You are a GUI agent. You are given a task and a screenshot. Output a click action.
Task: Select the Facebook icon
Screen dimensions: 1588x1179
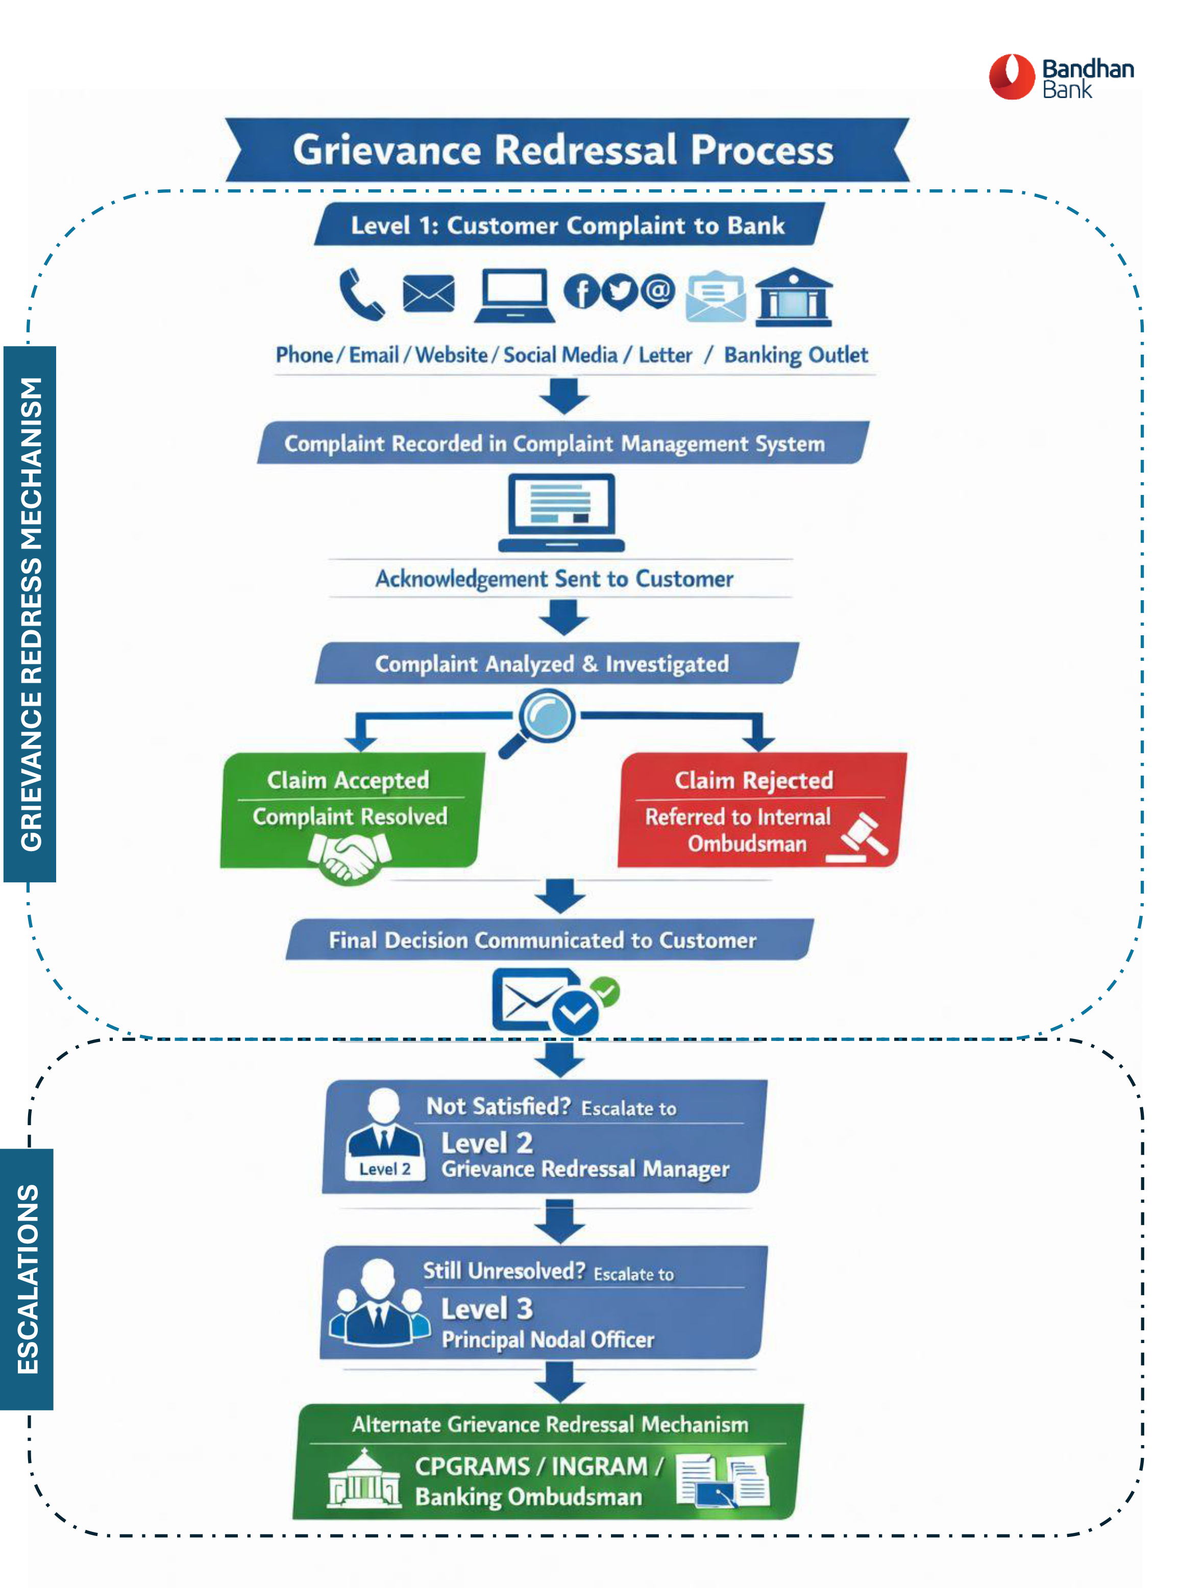pyautogui.click(x=582, y=292)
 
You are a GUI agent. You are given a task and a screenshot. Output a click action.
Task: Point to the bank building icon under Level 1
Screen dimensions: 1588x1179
pyautogui.click(x=793, y=297)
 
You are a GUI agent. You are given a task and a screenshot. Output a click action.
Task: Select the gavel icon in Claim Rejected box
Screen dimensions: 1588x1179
pyautogui.click(x=860, y=835)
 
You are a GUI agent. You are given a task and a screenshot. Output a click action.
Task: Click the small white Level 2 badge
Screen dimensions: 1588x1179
pyautogui.click(x=385, y=1169)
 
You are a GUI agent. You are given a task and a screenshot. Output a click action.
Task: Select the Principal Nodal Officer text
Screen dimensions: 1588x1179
pyautogui.click(x=547, y=1339)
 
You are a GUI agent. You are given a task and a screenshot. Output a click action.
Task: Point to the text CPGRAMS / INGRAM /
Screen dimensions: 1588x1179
pyautogui.click(x=539, y=1466)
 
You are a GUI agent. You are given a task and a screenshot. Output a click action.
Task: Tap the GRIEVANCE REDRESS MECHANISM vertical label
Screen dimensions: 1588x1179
pyautogui.click(x=30, y=613)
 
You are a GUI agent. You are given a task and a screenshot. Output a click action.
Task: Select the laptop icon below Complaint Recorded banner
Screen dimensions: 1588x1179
pyautogui.click(x=561, y=511)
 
